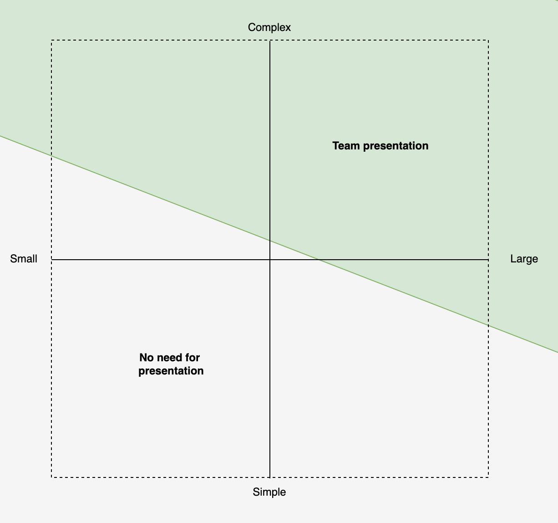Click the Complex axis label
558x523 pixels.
[269, 27]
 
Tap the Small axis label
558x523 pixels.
[24, 259]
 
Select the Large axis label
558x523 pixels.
[524, 259]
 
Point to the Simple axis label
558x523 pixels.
[269, 492]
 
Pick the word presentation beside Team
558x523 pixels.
[396, 146]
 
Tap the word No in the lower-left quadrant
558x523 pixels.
[147, 358]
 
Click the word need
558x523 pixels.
[170, 358]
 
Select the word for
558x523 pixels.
[193, 358]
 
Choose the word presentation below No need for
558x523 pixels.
[171, 371]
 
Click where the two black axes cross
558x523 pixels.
[270, 260]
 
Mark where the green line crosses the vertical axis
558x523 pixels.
[270, 240]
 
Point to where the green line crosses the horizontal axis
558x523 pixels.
[319, 260]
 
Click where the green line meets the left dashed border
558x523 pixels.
[51, 156]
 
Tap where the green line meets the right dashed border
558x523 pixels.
[488, 325]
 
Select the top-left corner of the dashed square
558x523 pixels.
[51, 41]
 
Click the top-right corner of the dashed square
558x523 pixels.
[488, 41]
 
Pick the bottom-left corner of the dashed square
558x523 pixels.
[51, 477]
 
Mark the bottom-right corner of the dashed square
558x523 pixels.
[488, 477]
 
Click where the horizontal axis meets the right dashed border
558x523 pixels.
[488, 260]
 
